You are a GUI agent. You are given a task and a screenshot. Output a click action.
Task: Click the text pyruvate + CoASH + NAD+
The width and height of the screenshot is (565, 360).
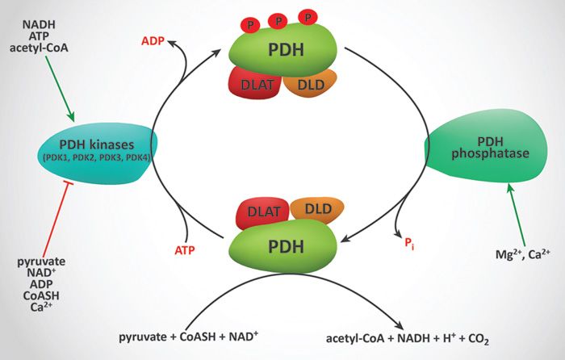click(199, 335)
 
